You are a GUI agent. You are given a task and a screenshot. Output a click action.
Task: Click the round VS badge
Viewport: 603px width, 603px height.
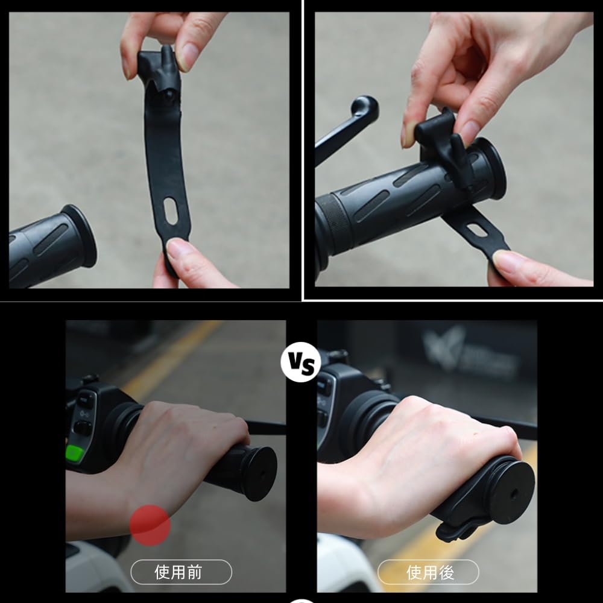click(x=300, y=362)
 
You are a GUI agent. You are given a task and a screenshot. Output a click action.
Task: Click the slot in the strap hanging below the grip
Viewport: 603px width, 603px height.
click(x=478, y=230)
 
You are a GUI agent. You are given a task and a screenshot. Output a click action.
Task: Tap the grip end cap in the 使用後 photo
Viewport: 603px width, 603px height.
click(x=511, y=490)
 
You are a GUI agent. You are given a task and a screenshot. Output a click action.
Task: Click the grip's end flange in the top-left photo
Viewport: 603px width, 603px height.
click(x=81, y=235)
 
